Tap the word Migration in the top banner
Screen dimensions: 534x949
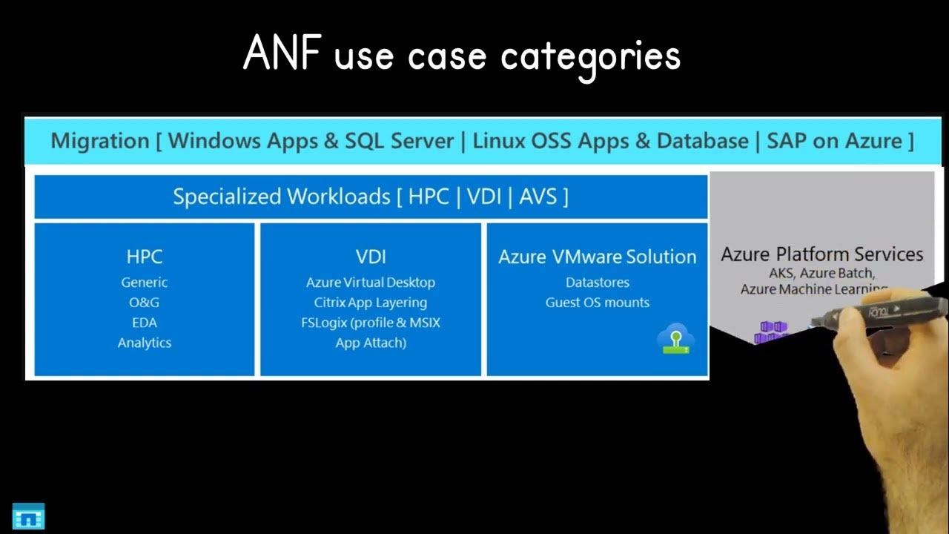[x=100, y=141]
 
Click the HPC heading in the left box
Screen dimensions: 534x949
[x=145, y=257]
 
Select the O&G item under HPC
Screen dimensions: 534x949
[x=145, y=303]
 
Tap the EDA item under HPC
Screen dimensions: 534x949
[x=145, y=323]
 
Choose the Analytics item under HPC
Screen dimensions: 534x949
[x=145, y=343]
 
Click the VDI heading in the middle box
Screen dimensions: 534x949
[x=371, y=257]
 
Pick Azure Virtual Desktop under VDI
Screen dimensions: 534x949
[x=371, y=283]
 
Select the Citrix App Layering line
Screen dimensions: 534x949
[x=371, y=303]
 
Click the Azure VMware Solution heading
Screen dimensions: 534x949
[x=598, y=257]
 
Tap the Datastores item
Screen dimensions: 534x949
[x=598, y=283]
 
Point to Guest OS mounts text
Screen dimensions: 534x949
[x=598, y=303]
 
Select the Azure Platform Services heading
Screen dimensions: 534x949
[x=822, y=254]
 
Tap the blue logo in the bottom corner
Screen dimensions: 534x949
[x=29, y=516]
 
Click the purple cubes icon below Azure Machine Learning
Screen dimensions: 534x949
[x=771, y=333]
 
